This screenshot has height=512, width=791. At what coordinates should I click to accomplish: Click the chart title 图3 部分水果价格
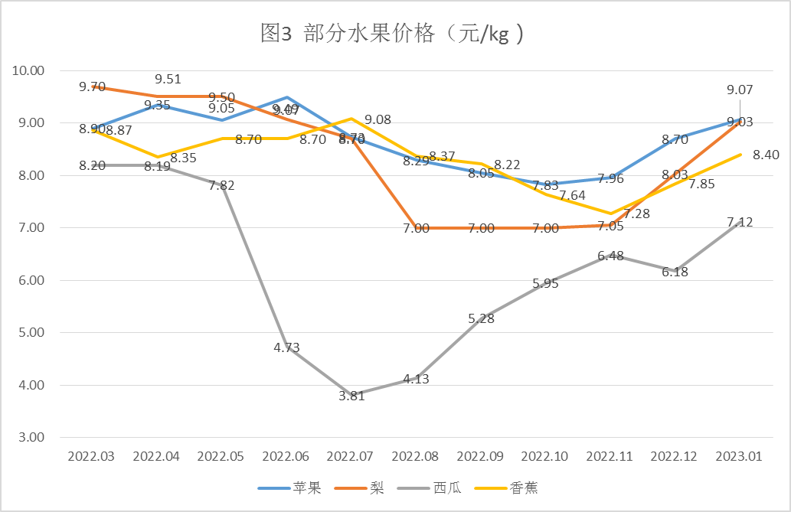point(394,34)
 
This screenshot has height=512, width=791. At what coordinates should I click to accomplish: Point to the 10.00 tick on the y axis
point(30,70)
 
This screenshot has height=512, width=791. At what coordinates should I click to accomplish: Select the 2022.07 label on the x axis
point(350,456)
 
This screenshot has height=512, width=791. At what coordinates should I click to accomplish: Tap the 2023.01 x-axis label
point(738,456)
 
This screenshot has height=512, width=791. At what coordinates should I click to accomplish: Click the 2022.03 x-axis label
point(91,456)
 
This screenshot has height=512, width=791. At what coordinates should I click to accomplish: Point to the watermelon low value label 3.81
point(352,396)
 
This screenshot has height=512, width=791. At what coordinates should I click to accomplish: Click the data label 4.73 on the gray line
point(286,347)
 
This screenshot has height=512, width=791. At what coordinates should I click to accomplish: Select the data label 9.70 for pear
point(92,86)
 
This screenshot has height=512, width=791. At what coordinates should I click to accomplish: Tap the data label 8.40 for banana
point(766,155)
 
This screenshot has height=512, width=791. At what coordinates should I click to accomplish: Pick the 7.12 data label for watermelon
point(739,223)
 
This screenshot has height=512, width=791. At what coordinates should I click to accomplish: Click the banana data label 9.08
point(378,119)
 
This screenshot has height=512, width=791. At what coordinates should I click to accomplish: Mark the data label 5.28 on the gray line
point(481,318)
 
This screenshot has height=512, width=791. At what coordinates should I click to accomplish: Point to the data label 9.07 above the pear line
point(739,90)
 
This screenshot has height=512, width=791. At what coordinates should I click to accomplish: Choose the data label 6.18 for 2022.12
point(675,272)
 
